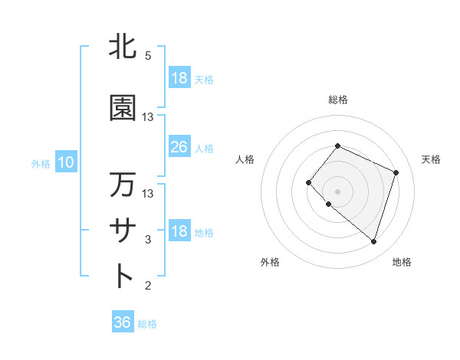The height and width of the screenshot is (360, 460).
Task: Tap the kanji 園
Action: (123, 108)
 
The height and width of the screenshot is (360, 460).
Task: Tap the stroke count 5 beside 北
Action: (147, 56)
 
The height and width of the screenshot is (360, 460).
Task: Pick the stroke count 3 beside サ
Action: (148, 240)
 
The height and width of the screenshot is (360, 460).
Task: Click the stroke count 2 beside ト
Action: (148, 286)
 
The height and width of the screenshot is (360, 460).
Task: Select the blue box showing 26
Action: (179, 147)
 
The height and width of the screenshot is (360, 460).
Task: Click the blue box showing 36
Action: (122, 323)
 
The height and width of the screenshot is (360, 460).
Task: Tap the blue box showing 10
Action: (65, 162)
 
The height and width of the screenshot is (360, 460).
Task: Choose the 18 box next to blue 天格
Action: (179, 78)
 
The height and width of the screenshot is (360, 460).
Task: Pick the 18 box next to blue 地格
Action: (179, 232)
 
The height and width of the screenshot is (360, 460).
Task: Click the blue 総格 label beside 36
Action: (147, 324)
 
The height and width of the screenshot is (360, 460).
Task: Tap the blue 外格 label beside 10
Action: (40, 163)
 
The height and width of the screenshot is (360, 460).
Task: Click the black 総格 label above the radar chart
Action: (337, 100)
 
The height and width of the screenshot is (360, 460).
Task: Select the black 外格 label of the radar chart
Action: (270, 262)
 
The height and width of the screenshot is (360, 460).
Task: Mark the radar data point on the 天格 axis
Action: (396, 172)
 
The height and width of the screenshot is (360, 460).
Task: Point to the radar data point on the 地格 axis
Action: (373, 241)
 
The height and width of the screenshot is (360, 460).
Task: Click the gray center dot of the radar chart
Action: (337, 191)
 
